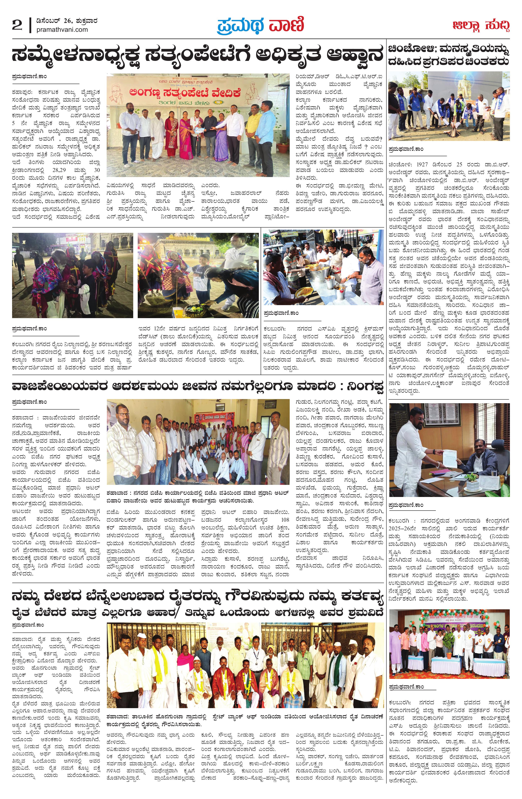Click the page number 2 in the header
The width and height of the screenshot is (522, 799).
point(17,25)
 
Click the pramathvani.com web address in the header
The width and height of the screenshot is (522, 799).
point(62,30)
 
